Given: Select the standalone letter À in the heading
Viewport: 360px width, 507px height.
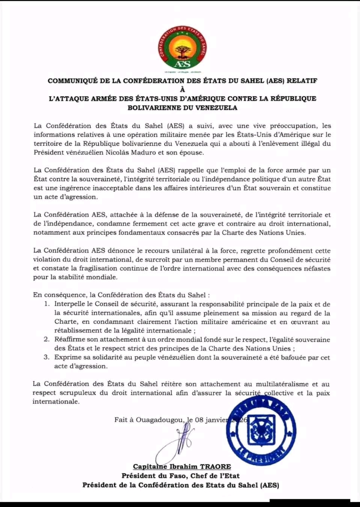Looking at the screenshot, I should point(182,89).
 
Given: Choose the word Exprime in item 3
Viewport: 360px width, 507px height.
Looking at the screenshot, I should point(68,358).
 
